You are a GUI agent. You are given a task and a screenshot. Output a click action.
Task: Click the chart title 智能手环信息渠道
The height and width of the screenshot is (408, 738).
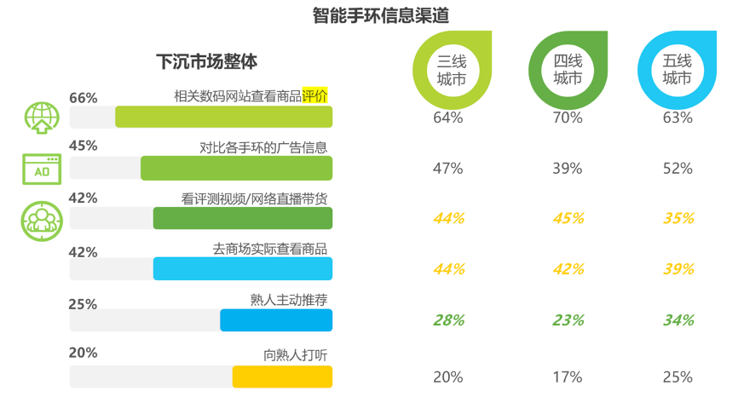[x=369, y=15]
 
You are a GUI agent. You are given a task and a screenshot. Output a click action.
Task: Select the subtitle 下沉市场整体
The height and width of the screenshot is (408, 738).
[x=206, y=62]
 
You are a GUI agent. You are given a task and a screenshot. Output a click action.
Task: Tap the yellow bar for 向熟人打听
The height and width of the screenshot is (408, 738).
[x=282, y=376]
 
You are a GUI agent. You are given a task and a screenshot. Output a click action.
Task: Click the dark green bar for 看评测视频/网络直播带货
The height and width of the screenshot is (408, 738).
[x=242, y=219]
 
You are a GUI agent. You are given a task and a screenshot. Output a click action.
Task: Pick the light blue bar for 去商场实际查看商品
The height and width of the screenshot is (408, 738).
[x=242, y=268]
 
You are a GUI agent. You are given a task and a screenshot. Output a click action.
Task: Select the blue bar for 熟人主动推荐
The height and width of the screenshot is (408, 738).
[x=275, y=319]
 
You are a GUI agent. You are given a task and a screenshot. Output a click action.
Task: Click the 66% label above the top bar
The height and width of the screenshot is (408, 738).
[x=84, y=98]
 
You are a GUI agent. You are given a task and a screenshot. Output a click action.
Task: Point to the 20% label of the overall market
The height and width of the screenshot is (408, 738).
[x=84, y=353]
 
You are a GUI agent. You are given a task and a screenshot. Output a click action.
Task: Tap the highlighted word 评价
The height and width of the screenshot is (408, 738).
[x=314, y=95]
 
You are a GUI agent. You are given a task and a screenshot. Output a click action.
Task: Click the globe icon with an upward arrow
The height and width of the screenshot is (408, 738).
[x=40, y=118]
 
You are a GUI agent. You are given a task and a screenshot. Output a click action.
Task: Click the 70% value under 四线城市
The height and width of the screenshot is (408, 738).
[x=568, y=118]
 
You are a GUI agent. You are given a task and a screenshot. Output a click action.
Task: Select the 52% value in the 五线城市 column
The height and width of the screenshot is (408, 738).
[x=677, y=169]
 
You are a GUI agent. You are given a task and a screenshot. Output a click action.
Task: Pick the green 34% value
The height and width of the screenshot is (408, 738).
[x=677, y=320]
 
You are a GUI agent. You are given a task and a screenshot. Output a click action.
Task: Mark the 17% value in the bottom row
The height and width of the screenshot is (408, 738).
[x=568, y=376]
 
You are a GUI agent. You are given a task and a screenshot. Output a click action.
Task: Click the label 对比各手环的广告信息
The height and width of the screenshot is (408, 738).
[x=262, y=147]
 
